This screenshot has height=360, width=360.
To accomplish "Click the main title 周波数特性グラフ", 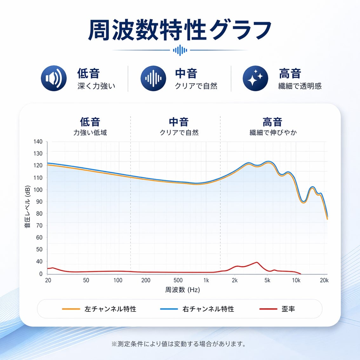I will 180,30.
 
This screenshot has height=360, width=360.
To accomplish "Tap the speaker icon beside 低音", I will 54,78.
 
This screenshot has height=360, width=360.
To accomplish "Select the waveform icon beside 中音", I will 153,78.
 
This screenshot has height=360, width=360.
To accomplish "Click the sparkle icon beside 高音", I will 255,78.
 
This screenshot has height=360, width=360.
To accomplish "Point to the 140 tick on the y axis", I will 38,142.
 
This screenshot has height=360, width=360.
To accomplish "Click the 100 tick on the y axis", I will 38,190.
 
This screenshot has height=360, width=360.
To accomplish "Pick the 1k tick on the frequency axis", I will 206,280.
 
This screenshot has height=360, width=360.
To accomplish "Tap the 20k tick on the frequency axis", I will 324,280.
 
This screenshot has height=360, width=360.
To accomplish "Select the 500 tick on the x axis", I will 178,280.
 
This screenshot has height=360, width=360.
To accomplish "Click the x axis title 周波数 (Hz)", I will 183,290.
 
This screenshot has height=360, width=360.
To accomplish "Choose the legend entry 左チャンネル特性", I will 110,309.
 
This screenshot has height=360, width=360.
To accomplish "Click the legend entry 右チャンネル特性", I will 208,309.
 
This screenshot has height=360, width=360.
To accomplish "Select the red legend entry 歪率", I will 288,309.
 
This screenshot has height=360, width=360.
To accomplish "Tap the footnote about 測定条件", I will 179,344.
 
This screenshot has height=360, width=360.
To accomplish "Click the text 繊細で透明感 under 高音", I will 300,86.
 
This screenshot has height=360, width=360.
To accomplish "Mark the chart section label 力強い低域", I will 90,133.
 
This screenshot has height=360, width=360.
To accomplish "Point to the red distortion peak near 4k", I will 257,262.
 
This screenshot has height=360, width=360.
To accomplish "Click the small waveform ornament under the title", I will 180,50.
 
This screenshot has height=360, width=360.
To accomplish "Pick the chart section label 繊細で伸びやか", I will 273,133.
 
